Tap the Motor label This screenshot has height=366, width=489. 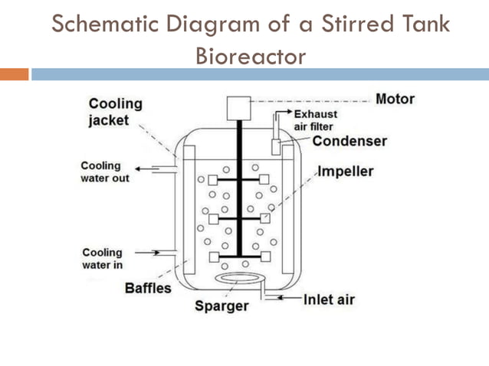(x=395, y=100)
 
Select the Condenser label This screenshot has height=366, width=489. (x=350, y=141)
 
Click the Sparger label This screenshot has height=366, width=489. (x=222, y=306)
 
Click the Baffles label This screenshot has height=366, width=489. (x=148, y=289)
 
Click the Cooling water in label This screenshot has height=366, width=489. (x=102, y=259)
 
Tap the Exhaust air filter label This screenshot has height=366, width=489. (x=315, y=120)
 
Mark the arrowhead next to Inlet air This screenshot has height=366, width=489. (x=285, y=297)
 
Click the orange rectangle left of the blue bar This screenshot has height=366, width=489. (x=14, y=74)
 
